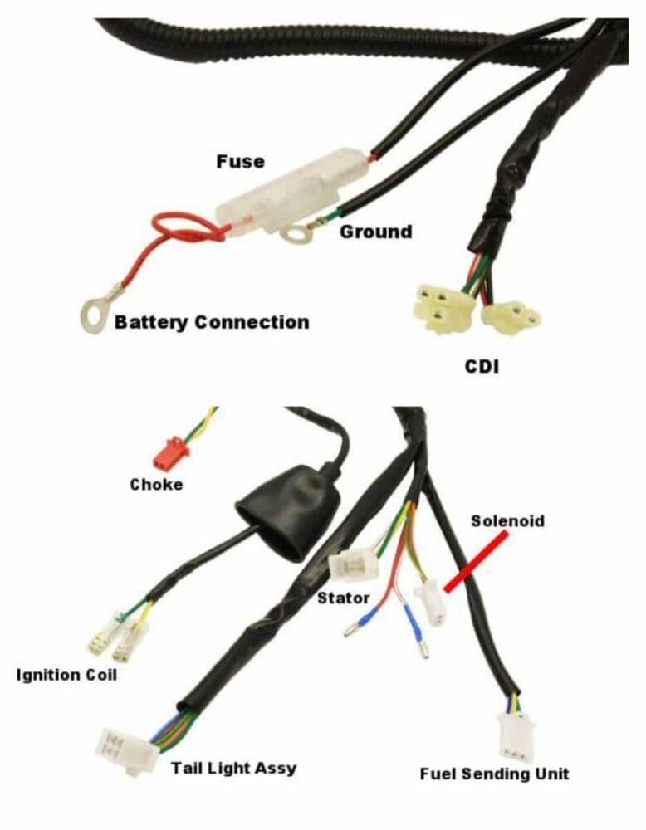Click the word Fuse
pos(240,161)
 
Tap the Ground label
pos(375,232)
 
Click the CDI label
pos(482,365)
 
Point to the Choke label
pos(156,484)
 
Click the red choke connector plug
pos(170,452)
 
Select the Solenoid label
pos(507,521)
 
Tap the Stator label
pos(343,597)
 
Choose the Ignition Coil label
pos(66,674)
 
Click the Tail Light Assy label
pos(233,768)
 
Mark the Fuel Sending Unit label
pos(495,774)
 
